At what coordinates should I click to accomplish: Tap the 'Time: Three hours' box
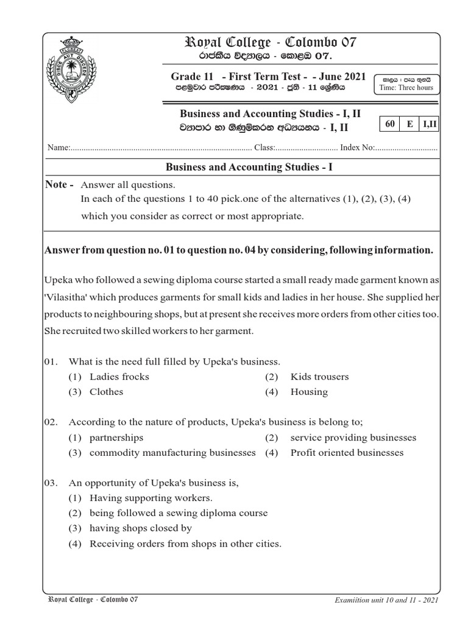coord(406,83)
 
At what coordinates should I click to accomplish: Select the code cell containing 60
coord(390,124)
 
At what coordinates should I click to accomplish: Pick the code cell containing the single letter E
coord(410,124)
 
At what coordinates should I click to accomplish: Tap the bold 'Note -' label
coord(60,185)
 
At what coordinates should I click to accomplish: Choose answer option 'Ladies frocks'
coord(119,377)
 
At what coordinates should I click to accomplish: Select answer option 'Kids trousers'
coord(319,377)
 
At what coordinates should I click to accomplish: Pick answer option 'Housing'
coord(309,392)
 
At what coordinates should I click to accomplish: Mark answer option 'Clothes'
coord(106,392)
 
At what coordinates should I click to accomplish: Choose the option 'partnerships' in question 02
coord(116,438)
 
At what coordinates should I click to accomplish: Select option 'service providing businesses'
coord(353,438)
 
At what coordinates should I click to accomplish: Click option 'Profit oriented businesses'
coord(347,453)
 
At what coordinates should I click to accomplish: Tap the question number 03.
coord(51,483)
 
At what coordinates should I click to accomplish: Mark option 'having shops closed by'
coord(140,528)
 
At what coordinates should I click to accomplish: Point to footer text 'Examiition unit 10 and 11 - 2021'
coord(386,600)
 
